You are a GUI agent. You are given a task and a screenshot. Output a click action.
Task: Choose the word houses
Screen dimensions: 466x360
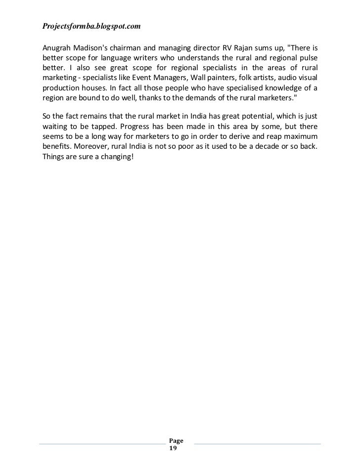coord(89,89)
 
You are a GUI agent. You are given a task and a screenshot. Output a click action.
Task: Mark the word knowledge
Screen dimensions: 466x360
coord(282,89)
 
